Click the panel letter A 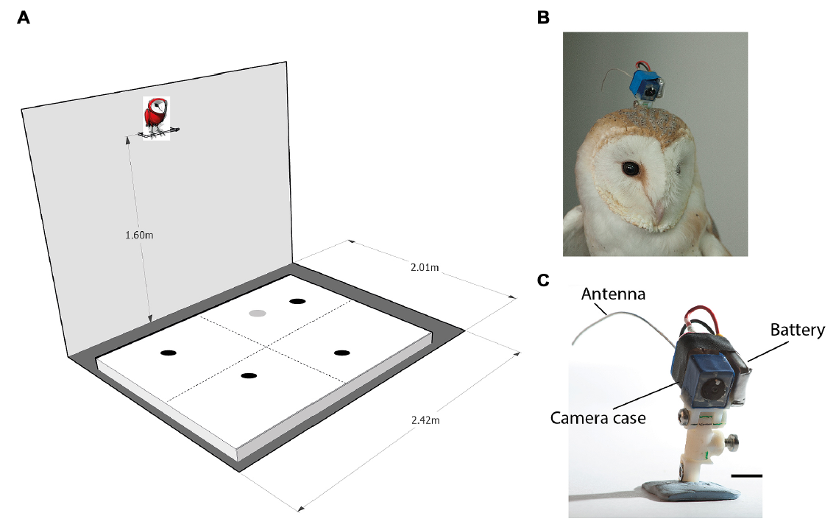click(24, 18)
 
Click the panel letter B click(544, 18)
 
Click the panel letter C click(544, 280)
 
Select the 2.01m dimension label click(425, 267)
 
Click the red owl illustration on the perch click(155, 116)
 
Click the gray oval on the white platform click(257, 313)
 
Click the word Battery click(798, 330)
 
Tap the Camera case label click(598, 417)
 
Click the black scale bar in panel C click(747, 475)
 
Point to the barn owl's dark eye click(629, 169)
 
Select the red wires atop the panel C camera click(700, 319)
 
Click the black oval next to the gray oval click(297, 300)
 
